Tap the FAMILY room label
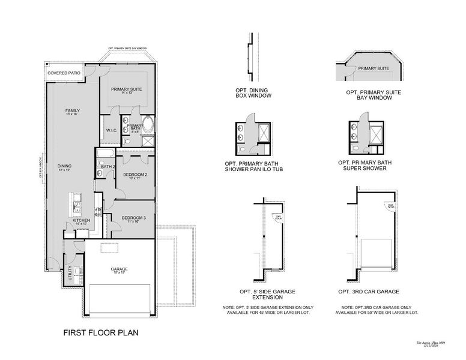[73, 111]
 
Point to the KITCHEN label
[82, 220]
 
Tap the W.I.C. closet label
[111, 130]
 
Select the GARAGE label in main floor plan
[119, 269]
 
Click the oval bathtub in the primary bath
[148, 127]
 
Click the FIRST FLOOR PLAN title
[97, 332]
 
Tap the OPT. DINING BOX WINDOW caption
[253, 93]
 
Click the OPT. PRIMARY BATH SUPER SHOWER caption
[365, 165]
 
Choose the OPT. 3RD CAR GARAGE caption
[369, 291]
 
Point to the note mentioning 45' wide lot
[258, 310]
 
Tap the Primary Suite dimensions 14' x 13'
[126, 93]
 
